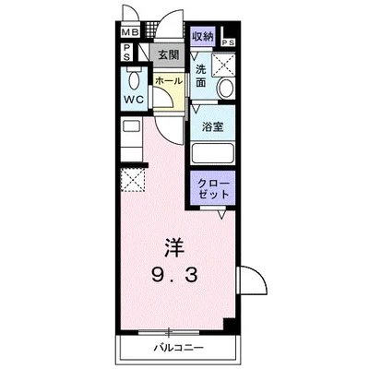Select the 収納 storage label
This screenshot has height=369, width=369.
click(203, 37)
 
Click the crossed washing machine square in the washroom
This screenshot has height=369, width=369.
click(222, 64)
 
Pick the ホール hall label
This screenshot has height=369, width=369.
click(168, 81)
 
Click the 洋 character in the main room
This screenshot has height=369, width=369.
click(174, 247)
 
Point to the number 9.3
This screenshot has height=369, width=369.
click(174, 274)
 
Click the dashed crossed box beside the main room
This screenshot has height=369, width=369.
click(135, 179)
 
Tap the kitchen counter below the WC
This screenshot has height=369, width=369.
click(131, 138)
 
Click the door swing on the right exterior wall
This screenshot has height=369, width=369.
click(246, 281)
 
